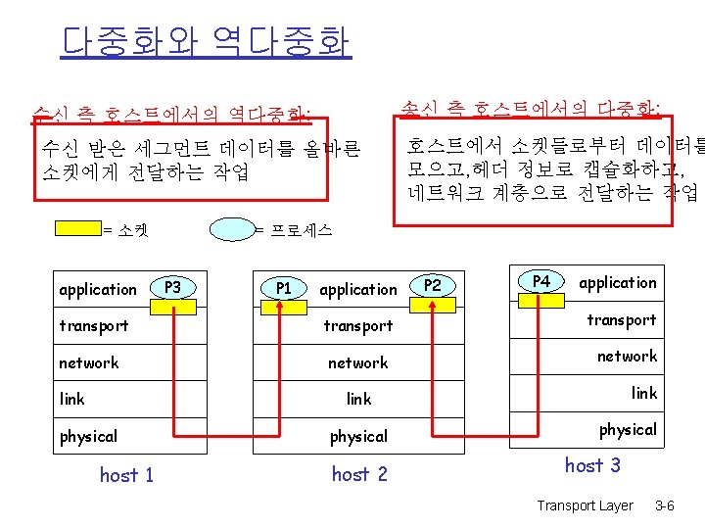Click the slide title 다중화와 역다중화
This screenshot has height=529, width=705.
click(x=206, y=42)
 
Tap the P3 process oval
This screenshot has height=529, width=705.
click(x=173, y=287)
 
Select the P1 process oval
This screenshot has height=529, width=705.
click(x=283, y=288)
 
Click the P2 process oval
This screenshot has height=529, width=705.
click(x=433, y=285)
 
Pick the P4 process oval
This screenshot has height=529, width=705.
click(x=540, y=281)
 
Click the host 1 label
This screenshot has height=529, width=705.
click(x=126, y=475)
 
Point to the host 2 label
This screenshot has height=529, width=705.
click(x=359, y=474)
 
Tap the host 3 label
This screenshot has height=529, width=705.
click(x=592, y=465)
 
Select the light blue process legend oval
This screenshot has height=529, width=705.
click(x=232, y=230)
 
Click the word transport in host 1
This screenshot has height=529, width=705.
click(x=93, y=325)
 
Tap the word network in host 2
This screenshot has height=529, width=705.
click(x=357, y=362)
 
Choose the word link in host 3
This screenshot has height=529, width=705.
click(x=644, y=393)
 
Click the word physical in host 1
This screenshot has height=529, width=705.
click(x=88, y=436)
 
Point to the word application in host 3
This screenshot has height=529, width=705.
click(x=618, y=283)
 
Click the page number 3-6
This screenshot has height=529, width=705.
click(x=664, y=506)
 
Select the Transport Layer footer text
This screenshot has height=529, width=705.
click(x=586, y=506)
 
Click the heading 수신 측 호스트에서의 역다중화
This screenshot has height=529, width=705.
click(x=172, y=116)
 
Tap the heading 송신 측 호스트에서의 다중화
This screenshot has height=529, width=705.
click(x=532, y=106)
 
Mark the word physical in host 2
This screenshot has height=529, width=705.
click(x=358, y=436)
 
